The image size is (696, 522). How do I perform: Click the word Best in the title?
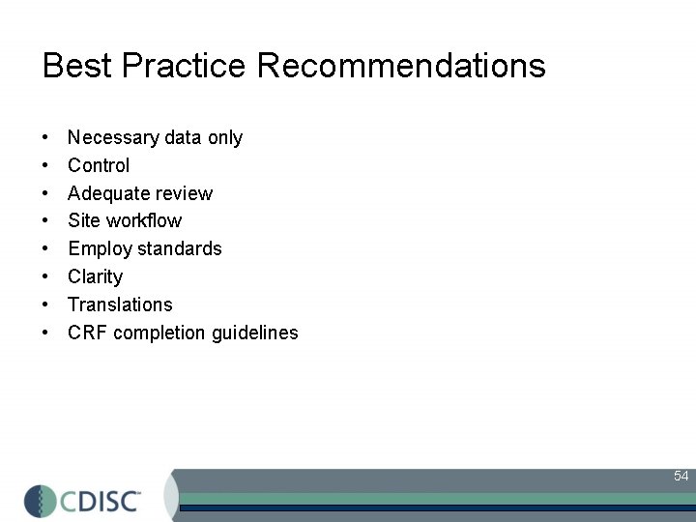tap(74, 66)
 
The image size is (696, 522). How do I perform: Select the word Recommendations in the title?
tap(401, 66)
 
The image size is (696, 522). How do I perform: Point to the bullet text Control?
tap(99, 165)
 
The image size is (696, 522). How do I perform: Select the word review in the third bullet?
tap(184, 193)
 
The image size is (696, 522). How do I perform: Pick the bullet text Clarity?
tap(96, 277)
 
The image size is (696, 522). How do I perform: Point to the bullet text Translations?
tap(120, 304)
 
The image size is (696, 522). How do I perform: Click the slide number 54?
tap(681, 476)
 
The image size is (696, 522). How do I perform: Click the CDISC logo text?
tap(101, 500)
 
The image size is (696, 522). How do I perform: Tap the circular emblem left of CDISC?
tap(41, 500)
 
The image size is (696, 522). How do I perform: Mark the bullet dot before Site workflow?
tap(46, 221)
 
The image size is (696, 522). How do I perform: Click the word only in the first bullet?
tap(224, 138)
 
